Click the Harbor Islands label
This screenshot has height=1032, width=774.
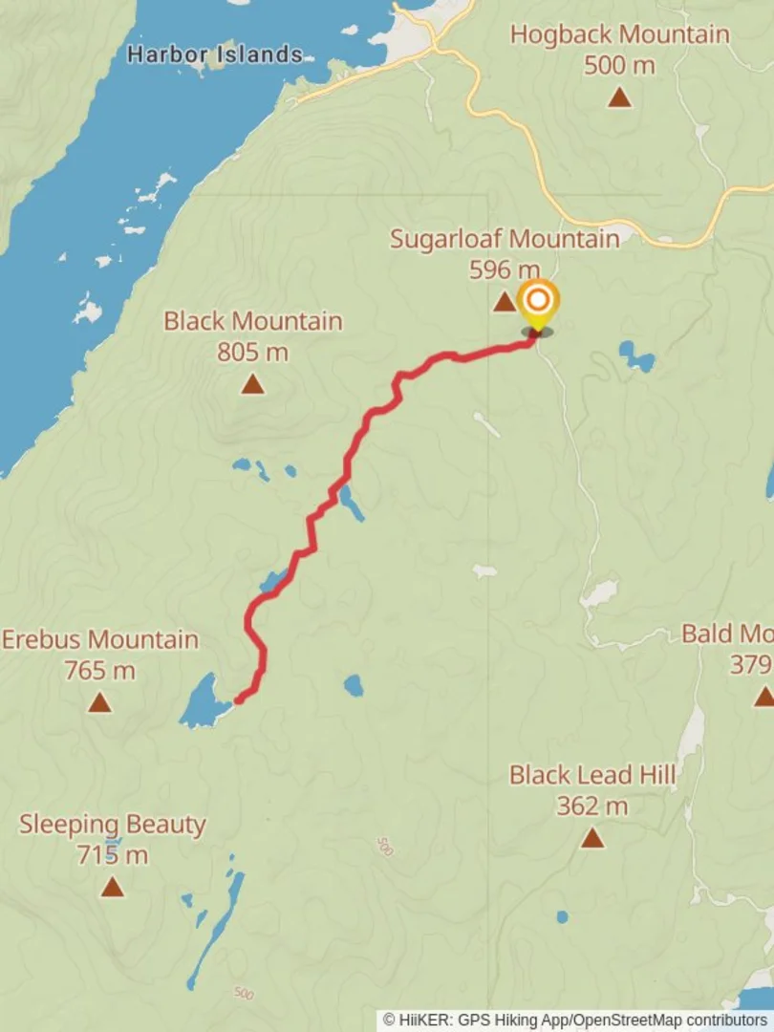coord(214,54)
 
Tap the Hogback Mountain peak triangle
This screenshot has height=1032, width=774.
coord(620,97)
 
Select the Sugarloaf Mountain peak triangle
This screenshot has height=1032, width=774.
coord(504,303)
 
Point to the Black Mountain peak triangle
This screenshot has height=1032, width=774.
coord(252,384)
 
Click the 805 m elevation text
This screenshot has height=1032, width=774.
coord(252,352)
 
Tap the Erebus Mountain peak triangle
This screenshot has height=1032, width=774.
coord(99,703)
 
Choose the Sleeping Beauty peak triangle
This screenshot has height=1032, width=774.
coord(113,888)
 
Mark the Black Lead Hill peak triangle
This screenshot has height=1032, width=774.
coord(592,839)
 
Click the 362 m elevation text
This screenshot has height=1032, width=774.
coord(592,806)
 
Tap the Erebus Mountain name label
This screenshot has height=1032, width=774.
coord(100,639)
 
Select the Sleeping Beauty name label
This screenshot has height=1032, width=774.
coord(113,824)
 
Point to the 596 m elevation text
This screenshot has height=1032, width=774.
coord(505,269)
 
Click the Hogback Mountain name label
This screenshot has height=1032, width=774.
coord(619,34)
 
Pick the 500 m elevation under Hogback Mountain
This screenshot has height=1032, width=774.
coord(619,65)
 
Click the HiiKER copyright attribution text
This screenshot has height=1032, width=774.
coord(576,1021)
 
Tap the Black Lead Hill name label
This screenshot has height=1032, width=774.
coord(592,774)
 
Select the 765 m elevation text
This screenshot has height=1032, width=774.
coord(99,671)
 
